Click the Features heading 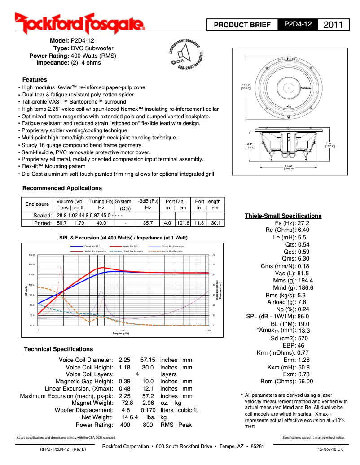click(x=35, y=79)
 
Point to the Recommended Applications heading click(x=62, y=188)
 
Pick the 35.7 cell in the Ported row click(x=148, y=222)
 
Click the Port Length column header click(x=207, y=201)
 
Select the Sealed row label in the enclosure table click(x=43, y=215)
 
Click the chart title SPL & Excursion click(x=123, y=237)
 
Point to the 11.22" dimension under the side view click(x=289, y=167)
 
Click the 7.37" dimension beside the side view click(x=330, y=144)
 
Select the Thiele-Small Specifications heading click(x=283, y=216)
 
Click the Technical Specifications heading click(x=58, y=349)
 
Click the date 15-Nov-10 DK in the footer click(x=330, y=449)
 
